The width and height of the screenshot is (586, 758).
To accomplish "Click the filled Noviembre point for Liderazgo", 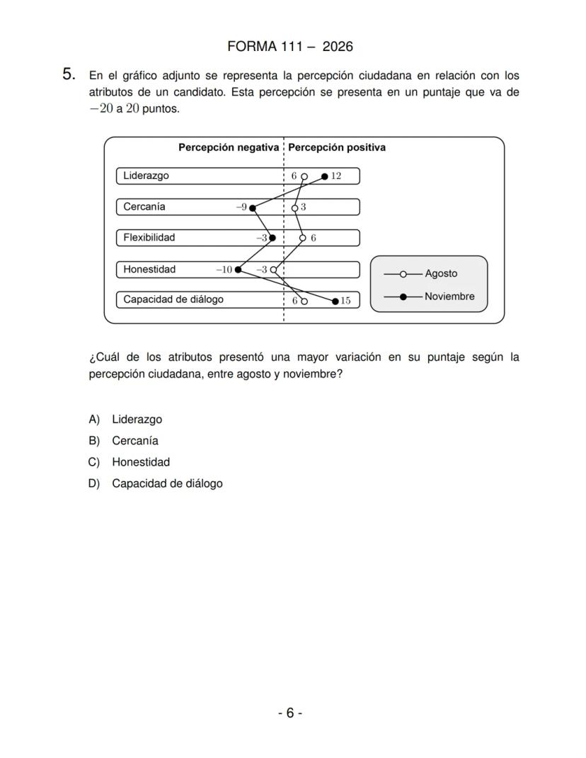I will click(x=325, y=176).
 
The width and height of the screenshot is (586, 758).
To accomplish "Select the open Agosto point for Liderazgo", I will click(x=304, y=176).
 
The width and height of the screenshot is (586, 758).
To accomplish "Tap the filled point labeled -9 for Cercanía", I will click(x=253, y=207).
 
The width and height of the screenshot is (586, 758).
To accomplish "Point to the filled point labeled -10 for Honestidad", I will click(x=238, y=269).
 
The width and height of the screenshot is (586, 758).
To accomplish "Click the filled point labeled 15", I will click(x=335, y=301).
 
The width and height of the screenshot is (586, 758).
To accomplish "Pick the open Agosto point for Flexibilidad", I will click(x=303, y=238).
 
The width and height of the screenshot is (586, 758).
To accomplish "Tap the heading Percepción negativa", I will click(x=228, y=148).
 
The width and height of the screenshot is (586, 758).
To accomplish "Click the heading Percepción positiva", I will click(x=337, y=148).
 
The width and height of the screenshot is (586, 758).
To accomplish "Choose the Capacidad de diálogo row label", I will click(x=173, y=299).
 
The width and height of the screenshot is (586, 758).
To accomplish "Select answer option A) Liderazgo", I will click(x=137, y=420).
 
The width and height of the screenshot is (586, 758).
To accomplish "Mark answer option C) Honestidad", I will click(x=140, y=462).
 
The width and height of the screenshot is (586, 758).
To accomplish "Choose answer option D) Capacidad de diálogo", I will click(x=166, y=484).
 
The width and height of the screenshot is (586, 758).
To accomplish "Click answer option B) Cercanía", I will click(x=134, y=441).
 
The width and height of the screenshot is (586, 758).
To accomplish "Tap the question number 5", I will click(x=69, y=74).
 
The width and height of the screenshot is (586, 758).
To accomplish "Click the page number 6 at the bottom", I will click(x=289, y=713).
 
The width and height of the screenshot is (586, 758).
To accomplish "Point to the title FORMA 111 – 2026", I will click(x=290, y=47).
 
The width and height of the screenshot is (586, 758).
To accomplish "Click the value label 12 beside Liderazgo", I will click(x=336, y=176).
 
